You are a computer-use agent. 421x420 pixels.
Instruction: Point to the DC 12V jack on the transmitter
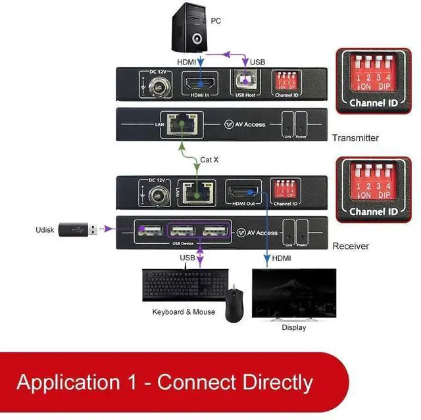click(159, 85)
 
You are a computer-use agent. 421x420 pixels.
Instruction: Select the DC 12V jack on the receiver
click(157, 195)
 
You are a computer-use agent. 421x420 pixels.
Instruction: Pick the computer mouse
click(234, 303)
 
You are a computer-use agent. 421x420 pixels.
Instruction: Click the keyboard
click(181, 285)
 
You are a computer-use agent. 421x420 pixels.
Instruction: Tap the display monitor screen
click(294, 292)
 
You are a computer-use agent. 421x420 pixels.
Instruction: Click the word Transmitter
click(355, 138)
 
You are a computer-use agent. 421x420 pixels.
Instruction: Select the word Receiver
click(351, 246)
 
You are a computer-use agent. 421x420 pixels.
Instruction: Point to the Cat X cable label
click(209, 160)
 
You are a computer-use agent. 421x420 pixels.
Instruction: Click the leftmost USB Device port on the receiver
click(149, 231)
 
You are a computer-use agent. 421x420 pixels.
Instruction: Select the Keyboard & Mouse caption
click(184, 312)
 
